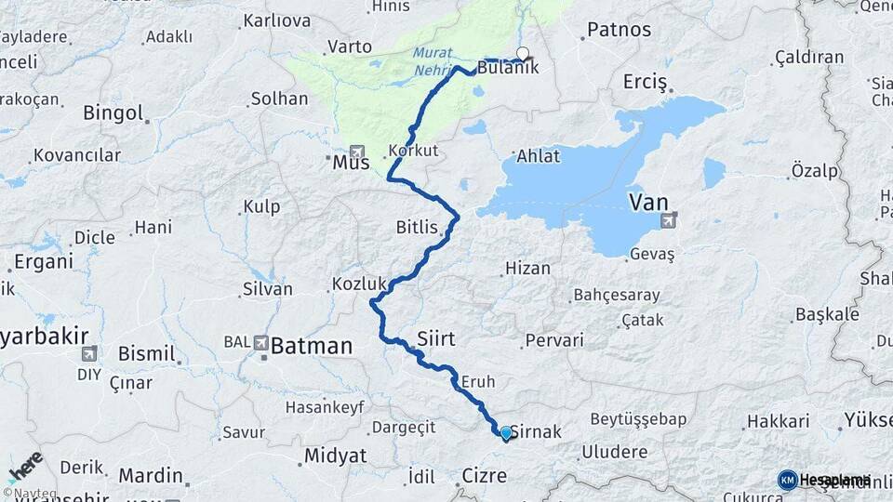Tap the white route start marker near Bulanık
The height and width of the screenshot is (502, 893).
[523, 54]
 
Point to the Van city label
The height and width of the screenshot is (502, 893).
[648, 201]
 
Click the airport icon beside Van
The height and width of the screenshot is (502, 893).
[668, 221]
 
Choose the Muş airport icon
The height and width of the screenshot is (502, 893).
[355, 152]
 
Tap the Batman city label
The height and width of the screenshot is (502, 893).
[312, 347]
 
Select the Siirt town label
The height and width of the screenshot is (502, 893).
[436, 339]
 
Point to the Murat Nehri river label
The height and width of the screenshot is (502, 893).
[434, 60]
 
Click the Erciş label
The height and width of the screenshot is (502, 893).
[645, 83]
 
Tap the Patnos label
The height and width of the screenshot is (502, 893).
[619, 30]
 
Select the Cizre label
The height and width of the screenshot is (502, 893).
[485, 476]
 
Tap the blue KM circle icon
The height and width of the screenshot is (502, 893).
[787, 480]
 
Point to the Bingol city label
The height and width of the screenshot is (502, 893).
[113, 113]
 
